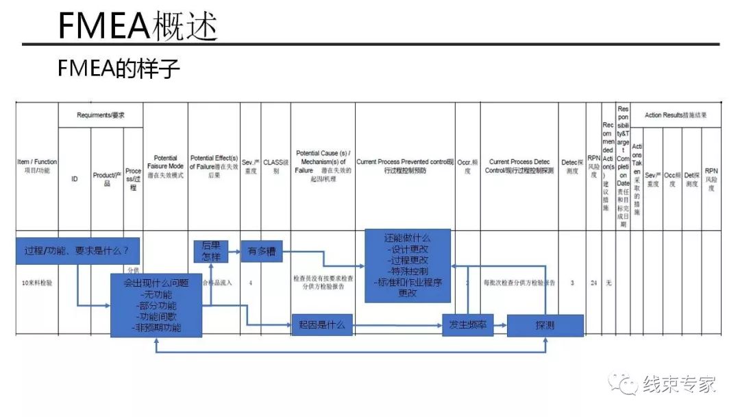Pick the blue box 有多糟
click(x=262, y=251)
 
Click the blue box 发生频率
click(x=467, y=324)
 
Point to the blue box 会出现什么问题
click(x=157, y=305)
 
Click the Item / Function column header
click(x=37, y=166)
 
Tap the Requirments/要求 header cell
click(x=101, y=115)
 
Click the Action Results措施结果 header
click(x=676, y=115)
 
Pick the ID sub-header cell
click(x=75, y=179)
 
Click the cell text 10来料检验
click(x=37, y=283)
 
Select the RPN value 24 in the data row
click(x=594, y=283)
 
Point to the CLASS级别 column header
click(x=276, y=166)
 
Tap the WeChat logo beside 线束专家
click(x=625, y=385)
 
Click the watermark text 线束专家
click(x=678, y=385)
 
